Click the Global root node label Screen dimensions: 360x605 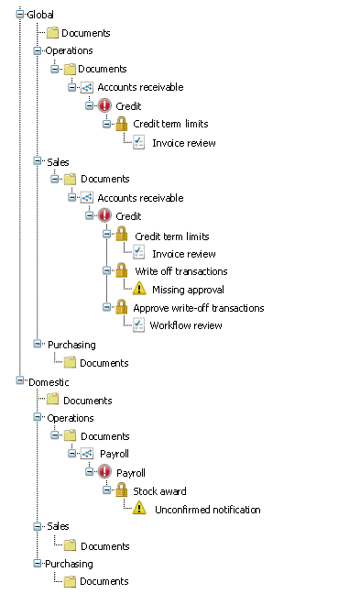click(40, 15)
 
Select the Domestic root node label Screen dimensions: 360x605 click(49, 382)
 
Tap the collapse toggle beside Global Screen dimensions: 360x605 click(20, 14)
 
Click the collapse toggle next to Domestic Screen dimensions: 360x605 click(20, 380)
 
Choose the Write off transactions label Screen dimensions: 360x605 click(181, 271)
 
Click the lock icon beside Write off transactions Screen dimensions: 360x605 click(122, 270)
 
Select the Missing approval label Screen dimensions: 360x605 click(188, 290)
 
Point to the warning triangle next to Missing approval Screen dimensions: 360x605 click(139, 288)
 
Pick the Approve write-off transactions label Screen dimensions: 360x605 click(199, 308)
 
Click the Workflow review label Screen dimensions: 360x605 click(186, 325)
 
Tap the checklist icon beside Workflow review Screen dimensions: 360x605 click(138, 324)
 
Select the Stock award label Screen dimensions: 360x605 click(159, 491)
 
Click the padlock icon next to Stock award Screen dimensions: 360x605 click(122, 490)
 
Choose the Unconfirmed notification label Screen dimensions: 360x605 click(208, 510)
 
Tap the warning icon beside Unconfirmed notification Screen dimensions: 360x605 click(139, 508)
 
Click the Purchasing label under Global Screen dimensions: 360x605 click(71, 345)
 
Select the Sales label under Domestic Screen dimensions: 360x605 click(58, 526)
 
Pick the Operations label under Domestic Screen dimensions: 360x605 click(71, 418)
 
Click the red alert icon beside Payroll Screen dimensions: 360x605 click(104, 471)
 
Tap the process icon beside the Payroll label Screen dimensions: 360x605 click(87, 454)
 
